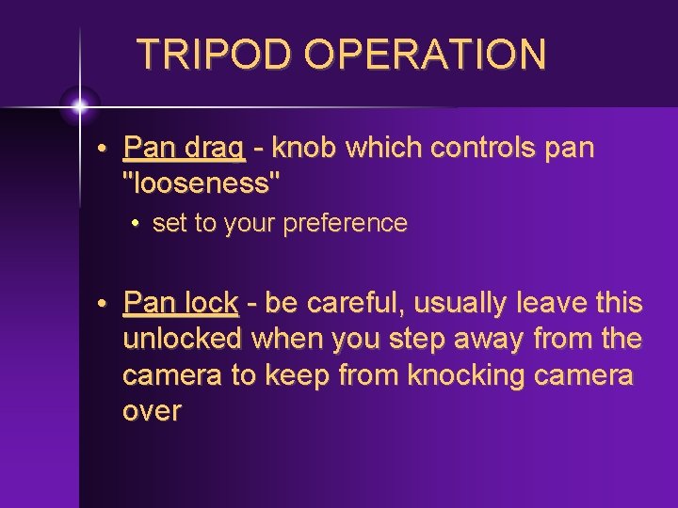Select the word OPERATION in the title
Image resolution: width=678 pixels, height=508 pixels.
coord(426,55)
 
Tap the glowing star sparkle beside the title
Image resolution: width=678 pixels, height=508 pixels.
coord(80,105)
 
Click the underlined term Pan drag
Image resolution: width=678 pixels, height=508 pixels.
coord(185,149)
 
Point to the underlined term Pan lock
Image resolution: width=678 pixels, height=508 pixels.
coord(181,303)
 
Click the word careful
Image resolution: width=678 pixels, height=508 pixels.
coord(358,303)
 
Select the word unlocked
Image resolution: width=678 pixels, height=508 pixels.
coord(182,338)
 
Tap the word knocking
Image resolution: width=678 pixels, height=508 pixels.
coord(467,374)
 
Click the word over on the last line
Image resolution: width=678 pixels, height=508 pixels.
coord(152,411)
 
